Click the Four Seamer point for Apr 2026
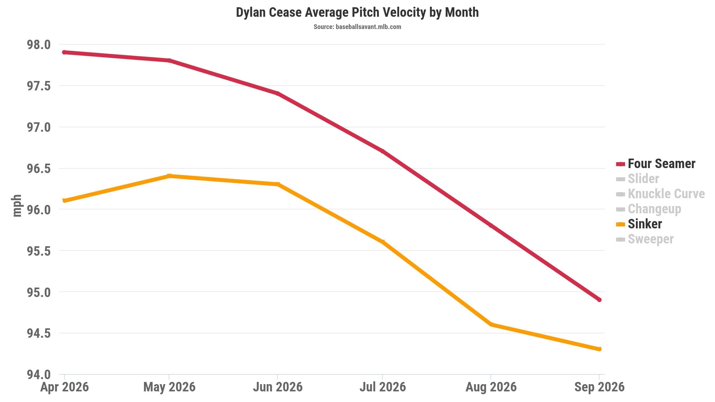(x=64, y=52)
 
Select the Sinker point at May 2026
(x=169, y=176)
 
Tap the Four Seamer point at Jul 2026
(x=383, y=151)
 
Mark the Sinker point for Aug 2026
(x=491, y=324)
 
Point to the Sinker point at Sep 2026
(x=599, y=349)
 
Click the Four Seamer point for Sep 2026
(x=599, y=300)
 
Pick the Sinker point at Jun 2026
(x=277, y=184)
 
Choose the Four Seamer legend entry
(x=656, y=164)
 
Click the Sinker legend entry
(x=639, y=224)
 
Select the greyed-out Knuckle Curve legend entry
(x=660, y=194)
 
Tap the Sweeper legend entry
(x=645, y=239)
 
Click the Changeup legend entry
(x=649, y=209)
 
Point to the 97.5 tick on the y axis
(x=39, y=86)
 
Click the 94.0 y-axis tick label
(x=39, y=374)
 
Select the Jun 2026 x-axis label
(x=278, y=387)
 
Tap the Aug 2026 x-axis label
(x=491, y=387)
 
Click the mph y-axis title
(x=17, y=206)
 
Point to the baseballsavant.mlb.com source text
(x=368, y=27)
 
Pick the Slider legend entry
(x=637, y=179)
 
